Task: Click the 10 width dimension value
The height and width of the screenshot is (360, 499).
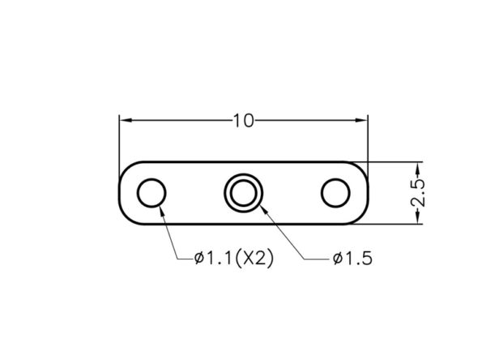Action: pyautogui.click(x=244, y=121)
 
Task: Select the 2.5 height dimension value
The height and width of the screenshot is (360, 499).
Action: pyautogui.click(x=417, y=193)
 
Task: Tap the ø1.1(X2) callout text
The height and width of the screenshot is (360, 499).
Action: pyautogui.click(x=234, y=258)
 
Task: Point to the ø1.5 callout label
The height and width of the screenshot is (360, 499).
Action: pyautogui.click(x=352, y=259)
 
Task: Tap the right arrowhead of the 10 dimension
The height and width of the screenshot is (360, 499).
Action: pyautogui.click(x=361, y=120)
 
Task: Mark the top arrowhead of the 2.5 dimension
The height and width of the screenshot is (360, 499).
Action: pyautogui.click(x=417, y=168)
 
